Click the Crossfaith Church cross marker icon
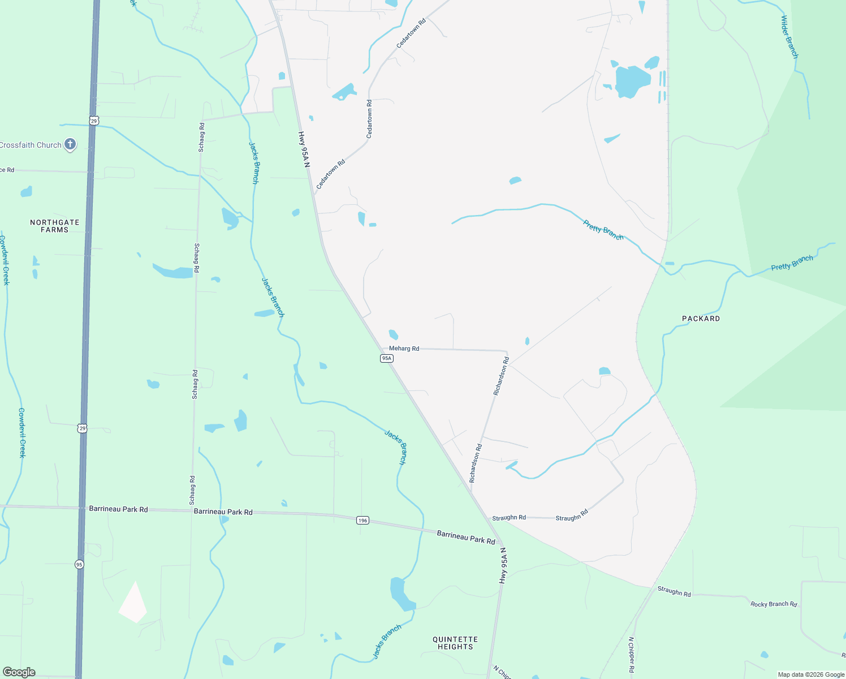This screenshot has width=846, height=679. point(70,144)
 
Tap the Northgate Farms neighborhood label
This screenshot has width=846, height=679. point(55,226)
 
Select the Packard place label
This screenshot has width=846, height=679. point(701,319)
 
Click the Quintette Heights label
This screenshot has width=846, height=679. point(455,643)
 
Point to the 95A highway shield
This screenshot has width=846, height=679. point(386,358)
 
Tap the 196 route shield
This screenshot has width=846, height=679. point(362,520)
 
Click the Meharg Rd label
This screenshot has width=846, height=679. point(404,349)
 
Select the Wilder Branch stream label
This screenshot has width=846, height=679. point(789,37)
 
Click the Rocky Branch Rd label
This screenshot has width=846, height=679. point(774,604)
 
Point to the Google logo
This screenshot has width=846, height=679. point(19,672)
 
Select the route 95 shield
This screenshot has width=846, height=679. point(79,564)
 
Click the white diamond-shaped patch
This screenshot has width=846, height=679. point(133,603)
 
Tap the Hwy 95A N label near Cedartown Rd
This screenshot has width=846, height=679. point(304,149)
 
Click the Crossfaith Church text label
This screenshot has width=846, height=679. point(31,145)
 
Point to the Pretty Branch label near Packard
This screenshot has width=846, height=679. point(792,263)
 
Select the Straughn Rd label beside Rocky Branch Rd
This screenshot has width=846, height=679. point(674,592)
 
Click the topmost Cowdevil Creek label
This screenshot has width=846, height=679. point(5,260)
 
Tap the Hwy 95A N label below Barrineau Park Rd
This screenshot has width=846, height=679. point(503,565)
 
